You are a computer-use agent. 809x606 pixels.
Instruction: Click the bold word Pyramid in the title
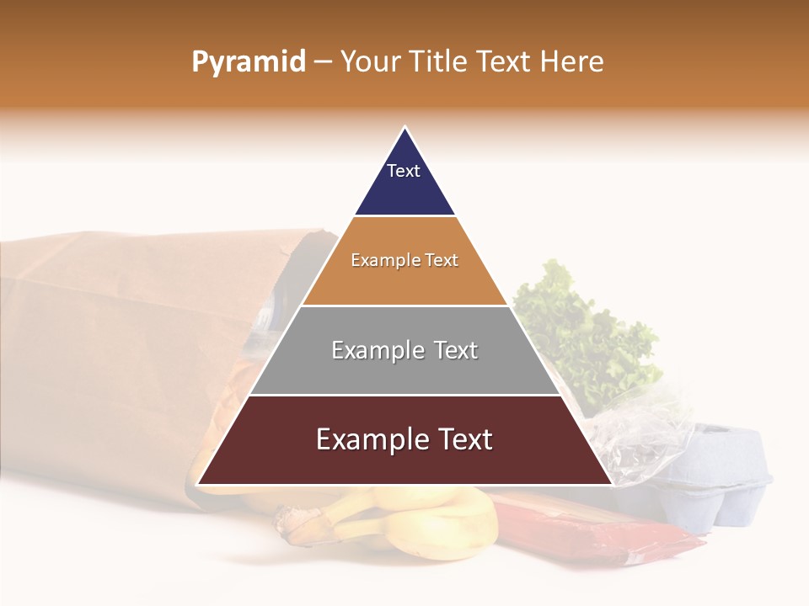point(249,62)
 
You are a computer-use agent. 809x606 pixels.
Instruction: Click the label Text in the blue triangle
point(404,171)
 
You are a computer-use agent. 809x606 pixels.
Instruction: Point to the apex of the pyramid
point(405,129)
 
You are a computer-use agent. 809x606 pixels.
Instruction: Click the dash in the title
point(324,62)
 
